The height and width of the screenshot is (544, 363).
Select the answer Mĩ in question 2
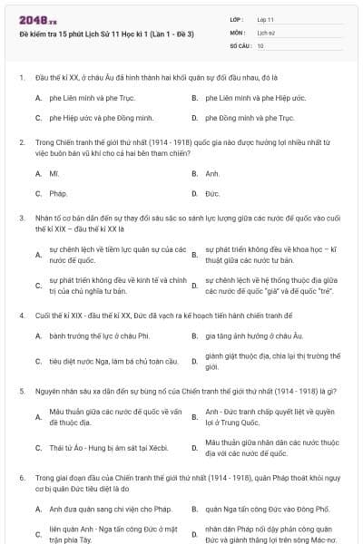(54, 173)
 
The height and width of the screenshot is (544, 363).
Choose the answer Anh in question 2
(212, 173)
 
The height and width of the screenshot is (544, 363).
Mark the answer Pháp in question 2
(58, 194)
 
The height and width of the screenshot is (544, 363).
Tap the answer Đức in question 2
(212, 194)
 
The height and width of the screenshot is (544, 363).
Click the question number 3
(21, 219)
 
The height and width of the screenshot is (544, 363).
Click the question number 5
(21, 391)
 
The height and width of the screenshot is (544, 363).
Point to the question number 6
(21, 476)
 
